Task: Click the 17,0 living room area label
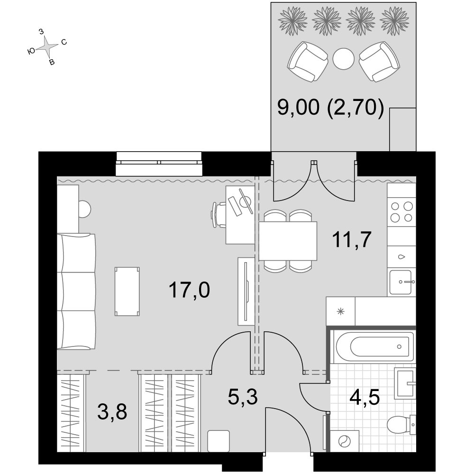pyautogui.click(x=189, y=290)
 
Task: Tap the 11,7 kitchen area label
pyautogui.click(x=352, y=239)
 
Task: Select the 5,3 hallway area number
pyautogui.click(x=242, y=397)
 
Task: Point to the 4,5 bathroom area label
pyautogui.click(x=364, y=397)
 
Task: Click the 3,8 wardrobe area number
pyautogui.click(x=112, y=412)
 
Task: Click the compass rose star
pyautogui.click(x=46, y=46)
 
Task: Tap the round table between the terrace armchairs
pyautogui.click(x=343, y=59)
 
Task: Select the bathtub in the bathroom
pyautogui.click(x=374, y=347)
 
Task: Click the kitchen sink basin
pyautogui.click(x=400, y=282)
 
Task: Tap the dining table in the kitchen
pyautogui.click(x=288, y=241)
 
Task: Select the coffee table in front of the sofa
pyautogui.click(x=127, y=292)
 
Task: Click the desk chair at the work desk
pyautogui.click(x=219, y=215)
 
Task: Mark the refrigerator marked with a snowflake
pyautogui.click(x=340, y=311)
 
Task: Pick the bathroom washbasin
pyautogui.click(x=405, y=384)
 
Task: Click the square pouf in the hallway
pyautogui.click(x=218, y=441)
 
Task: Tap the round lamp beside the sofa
pyautogui.click(x=84, y=209)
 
